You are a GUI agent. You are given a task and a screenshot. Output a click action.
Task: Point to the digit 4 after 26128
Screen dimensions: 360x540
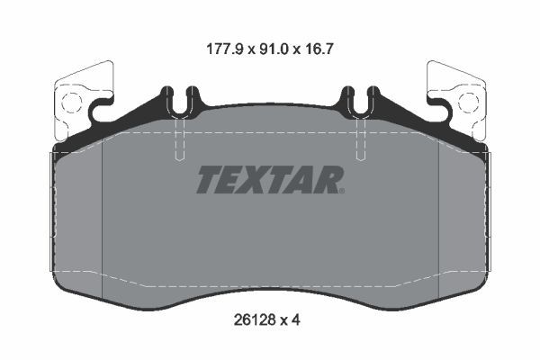[297, 318]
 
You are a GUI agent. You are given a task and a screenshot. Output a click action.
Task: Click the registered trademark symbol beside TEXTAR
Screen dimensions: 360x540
[340, 191]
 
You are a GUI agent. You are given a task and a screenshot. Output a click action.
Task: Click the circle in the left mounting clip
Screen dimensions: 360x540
[75, 100]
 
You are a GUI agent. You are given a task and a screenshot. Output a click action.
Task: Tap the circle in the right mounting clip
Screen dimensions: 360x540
[465, 100]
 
